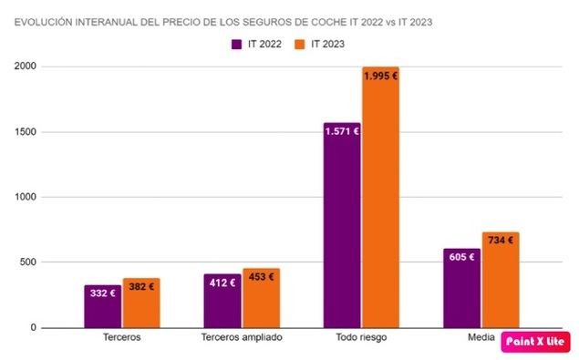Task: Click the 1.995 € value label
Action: (x=380, y=77)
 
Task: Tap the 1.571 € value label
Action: (x=342, y=131)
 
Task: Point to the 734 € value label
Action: (x=501, y=241)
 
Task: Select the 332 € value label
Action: (x=103, y=293)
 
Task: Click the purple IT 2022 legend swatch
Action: (x=235, y=44)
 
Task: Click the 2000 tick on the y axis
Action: (x=26, y=67)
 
